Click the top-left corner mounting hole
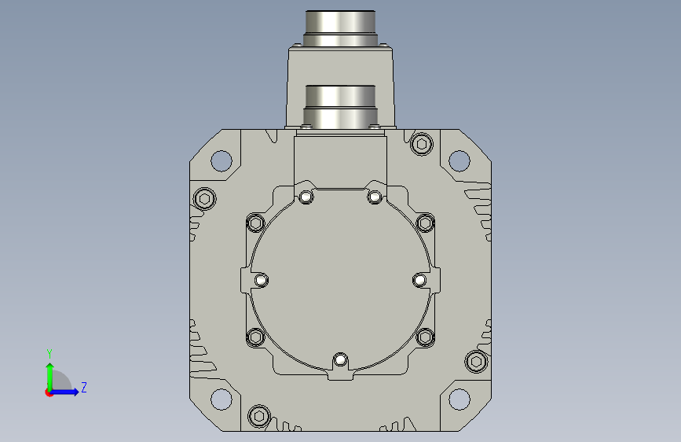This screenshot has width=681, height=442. (221, 160)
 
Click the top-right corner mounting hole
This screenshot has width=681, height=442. (459, 160)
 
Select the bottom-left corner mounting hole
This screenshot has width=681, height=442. (221, 400)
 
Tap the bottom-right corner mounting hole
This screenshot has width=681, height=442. (459, 400)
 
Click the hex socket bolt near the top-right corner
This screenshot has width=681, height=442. (421, 144)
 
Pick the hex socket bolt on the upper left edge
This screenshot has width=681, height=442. (204, 199)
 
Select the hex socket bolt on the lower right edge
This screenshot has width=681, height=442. (477, 362)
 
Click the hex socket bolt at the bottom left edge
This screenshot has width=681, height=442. (259, 416)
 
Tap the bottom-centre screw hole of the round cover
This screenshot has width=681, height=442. (340, 360)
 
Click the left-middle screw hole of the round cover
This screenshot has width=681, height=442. (261, 280)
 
